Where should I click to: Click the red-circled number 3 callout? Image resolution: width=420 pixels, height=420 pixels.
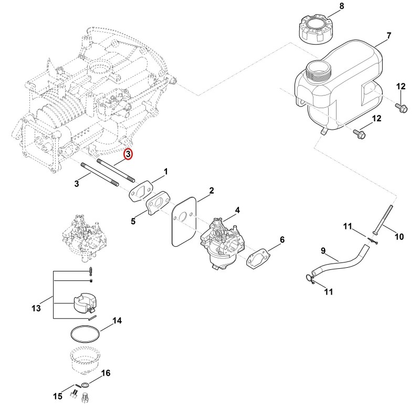click(128, 154)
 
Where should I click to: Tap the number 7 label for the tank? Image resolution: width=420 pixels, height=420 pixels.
click(388, 35)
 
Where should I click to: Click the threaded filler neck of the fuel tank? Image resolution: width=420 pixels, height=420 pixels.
click(320, 71)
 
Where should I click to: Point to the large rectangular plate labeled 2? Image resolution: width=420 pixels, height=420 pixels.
click(184, 221)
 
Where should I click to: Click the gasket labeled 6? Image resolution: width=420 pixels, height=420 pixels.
click(258, 258)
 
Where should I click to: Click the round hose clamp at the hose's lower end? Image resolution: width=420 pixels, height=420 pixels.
click(310, 279)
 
